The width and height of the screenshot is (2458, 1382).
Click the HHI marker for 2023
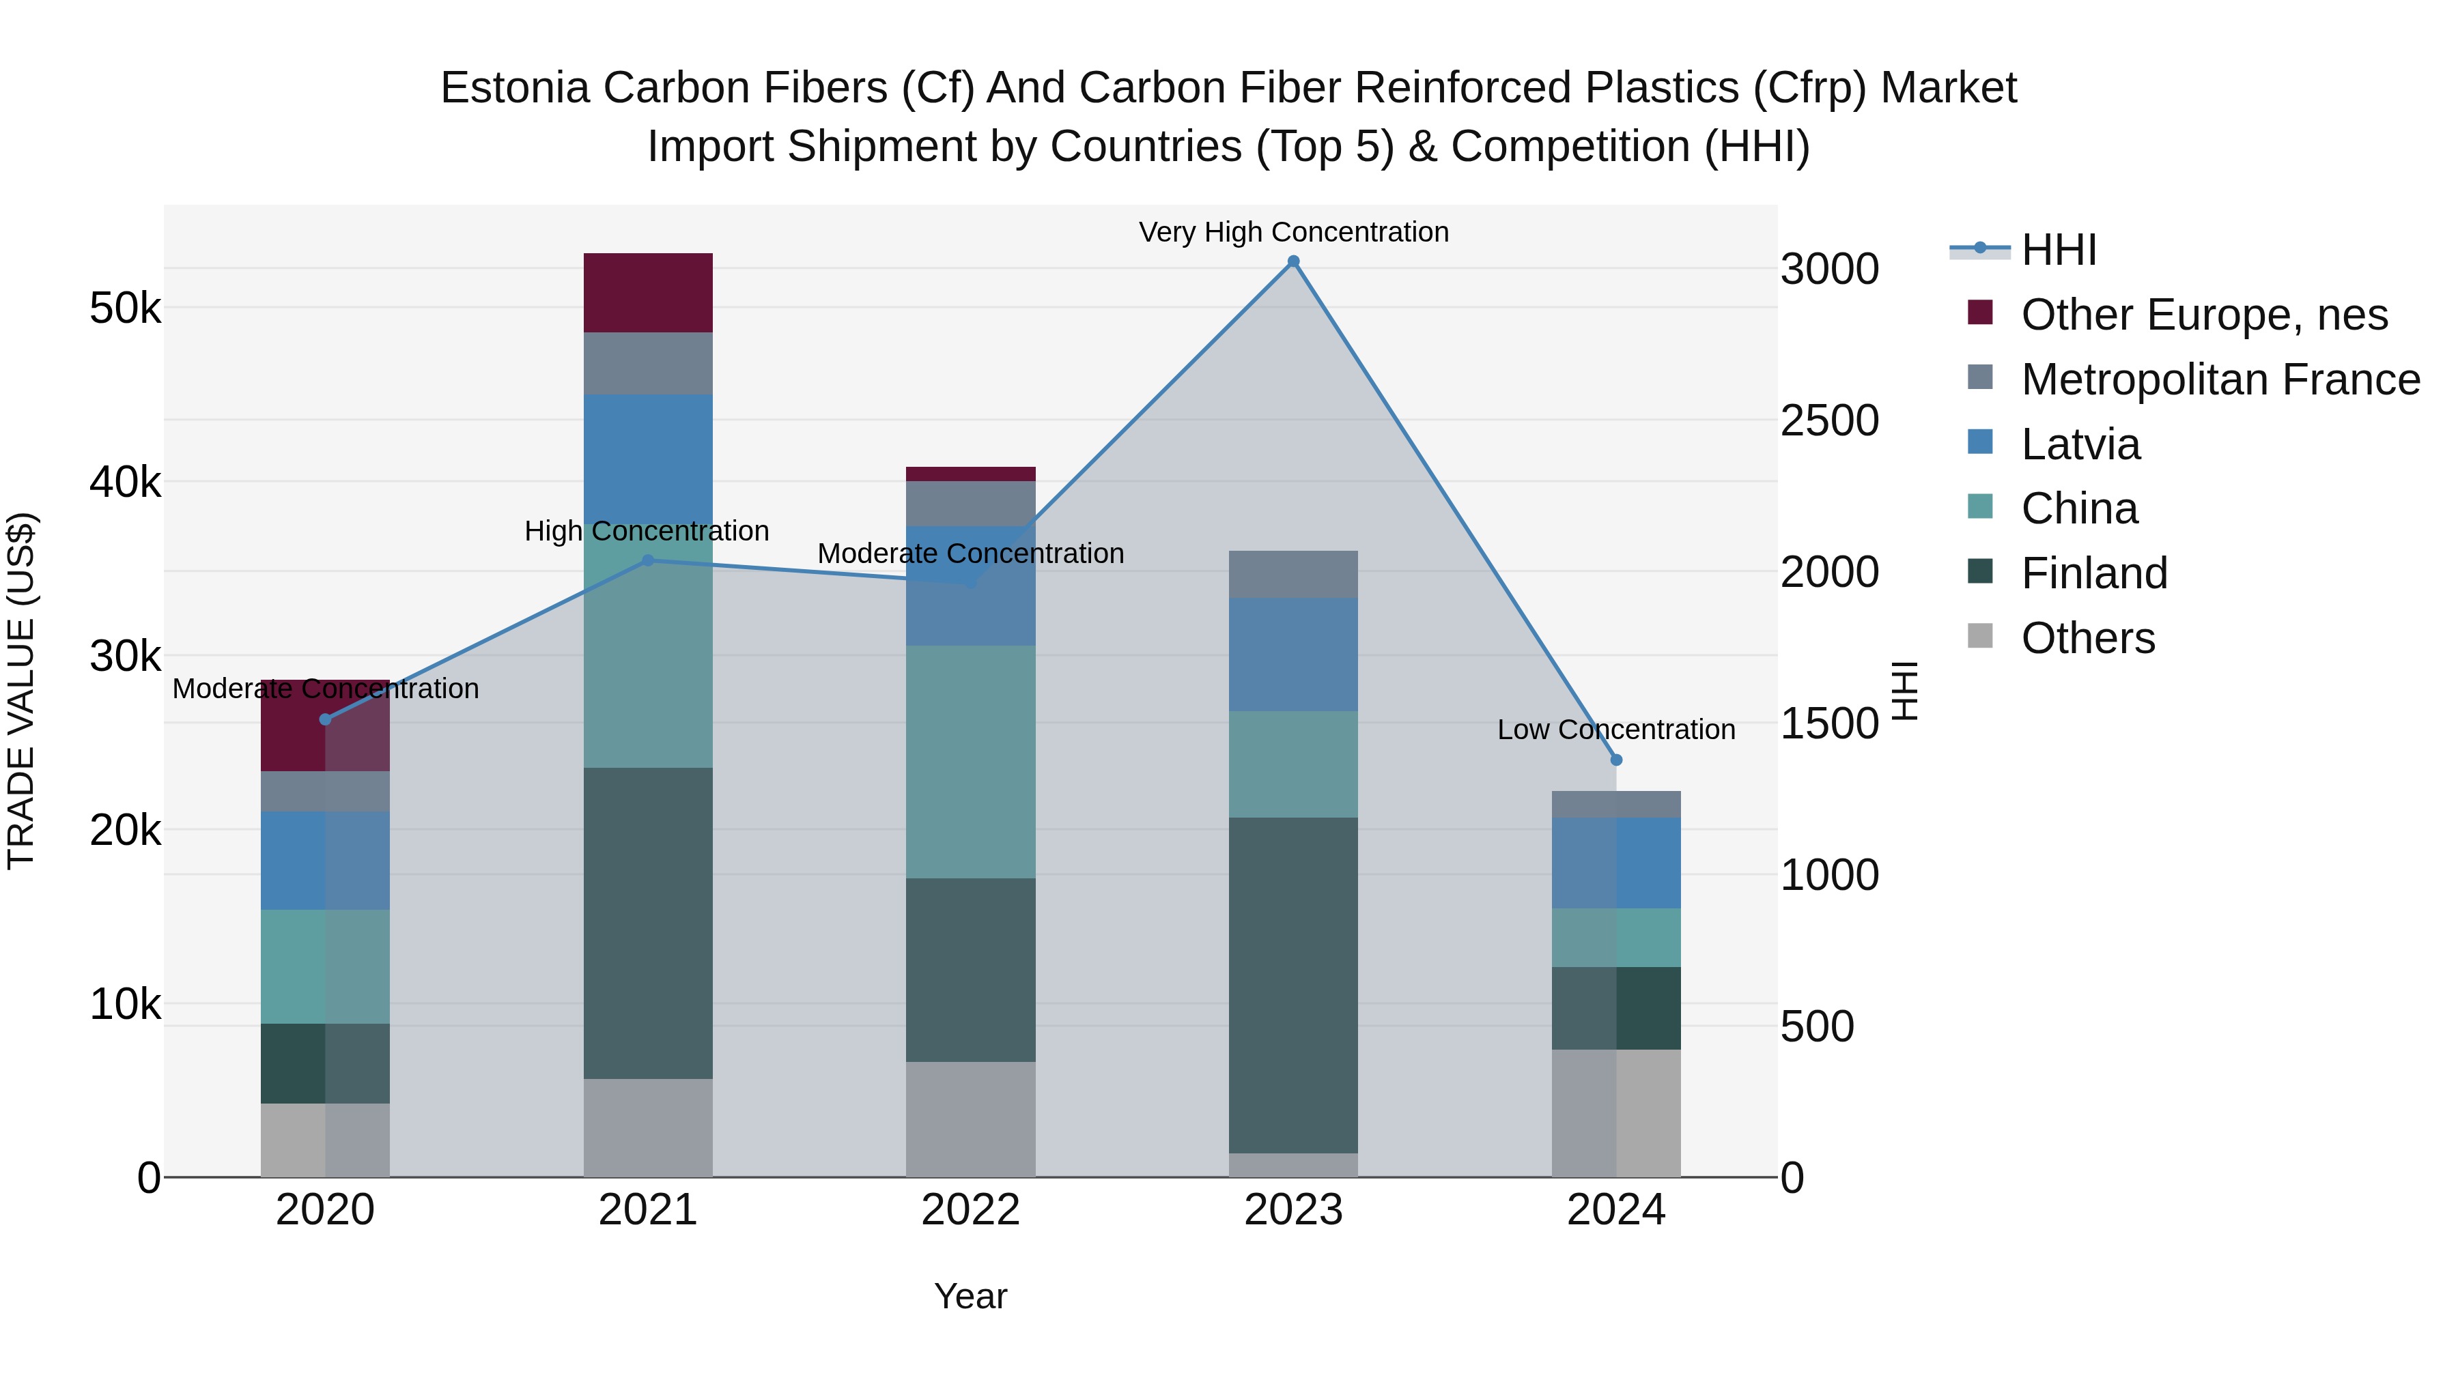tap(1293, 261)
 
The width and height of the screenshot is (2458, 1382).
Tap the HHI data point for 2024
tap(1615, 760)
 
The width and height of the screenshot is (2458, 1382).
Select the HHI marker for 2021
tap(648, 561)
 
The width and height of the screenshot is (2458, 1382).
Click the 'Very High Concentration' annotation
tap(1293, 232)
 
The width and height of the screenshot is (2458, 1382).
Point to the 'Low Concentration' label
tap(1615, 730)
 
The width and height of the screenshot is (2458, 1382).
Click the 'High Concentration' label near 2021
tap(647, 531)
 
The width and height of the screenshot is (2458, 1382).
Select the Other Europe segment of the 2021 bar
tap(648, 293)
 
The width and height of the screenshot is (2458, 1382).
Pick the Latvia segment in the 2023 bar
tap(1293, 654)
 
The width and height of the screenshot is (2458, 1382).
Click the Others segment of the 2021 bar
tap(648, 1127)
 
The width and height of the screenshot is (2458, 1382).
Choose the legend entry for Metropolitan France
tap(2220, 379)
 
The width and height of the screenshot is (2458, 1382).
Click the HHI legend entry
tap(2058, 250)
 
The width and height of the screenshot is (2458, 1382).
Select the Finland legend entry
tap(2093, 573)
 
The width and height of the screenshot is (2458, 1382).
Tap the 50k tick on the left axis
tap(125, 308)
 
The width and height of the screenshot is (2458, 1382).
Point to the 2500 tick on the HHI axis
tap(1829, 420)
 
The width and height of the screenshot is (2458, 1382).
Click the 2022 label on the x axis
tap(970, 1210)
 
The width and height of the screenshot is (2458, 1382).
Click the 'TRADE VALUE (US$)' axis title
tap(21, 691)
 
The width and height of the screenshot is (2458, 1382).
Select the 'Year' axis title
tap(970, 1296)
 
